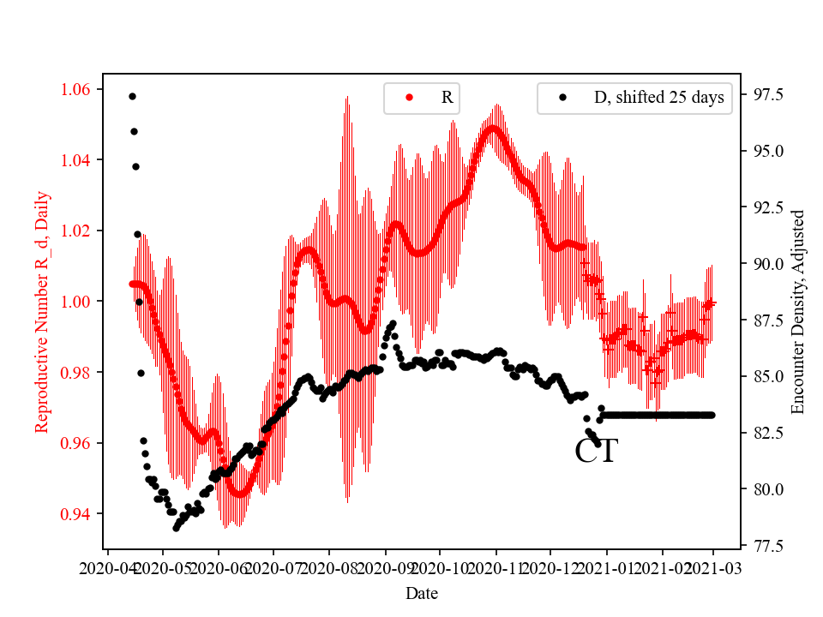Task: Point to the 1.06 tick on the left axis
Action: point(79,89)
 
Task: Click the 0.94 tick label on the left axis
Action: point(79,513)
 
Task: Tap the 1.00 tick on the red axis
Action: point(79,302)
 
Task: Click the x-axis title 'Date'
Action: point(423,593)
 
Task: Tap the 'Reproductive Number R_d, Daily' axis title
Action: point(42,312)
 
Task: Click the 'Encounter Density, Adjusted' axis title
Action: point(798,312)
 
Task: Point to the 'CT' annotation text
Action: point(596,452)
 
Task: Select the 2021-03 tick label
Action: point(713,567)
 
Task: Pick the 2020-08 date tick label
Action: point(329,567)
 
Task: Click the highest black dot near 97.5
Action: point(132,96)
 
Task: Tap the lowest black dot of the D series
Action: point(176,528)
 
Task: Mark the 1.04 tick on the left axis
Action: point(79,160)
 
